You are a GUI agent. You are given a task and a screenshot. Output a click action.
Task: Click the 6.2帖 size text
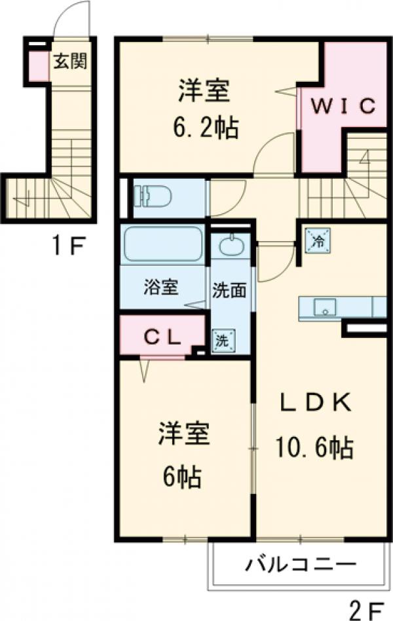coord(205,126)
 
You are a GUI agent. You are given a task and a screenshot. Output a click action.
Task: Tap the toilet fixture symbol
coord(152,195)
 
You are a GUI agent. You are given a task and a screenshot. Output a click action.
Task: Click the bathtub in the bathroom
coord(162,244)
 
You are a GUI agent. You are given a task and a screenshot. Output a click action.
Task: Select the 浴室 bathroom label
coord(161,288)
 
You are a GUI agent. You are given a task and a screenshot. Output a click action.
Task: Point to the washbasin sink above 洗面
coord(230,246)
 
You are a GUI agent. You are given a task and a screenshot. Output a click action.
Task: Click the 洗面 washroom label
coord(230,289)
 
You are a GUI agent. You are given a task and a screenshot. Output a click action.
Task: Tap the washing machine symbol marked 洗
coord(222,339)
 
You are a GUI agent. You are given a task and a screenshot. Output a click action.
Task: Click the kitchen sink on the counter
coord(324,306)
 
